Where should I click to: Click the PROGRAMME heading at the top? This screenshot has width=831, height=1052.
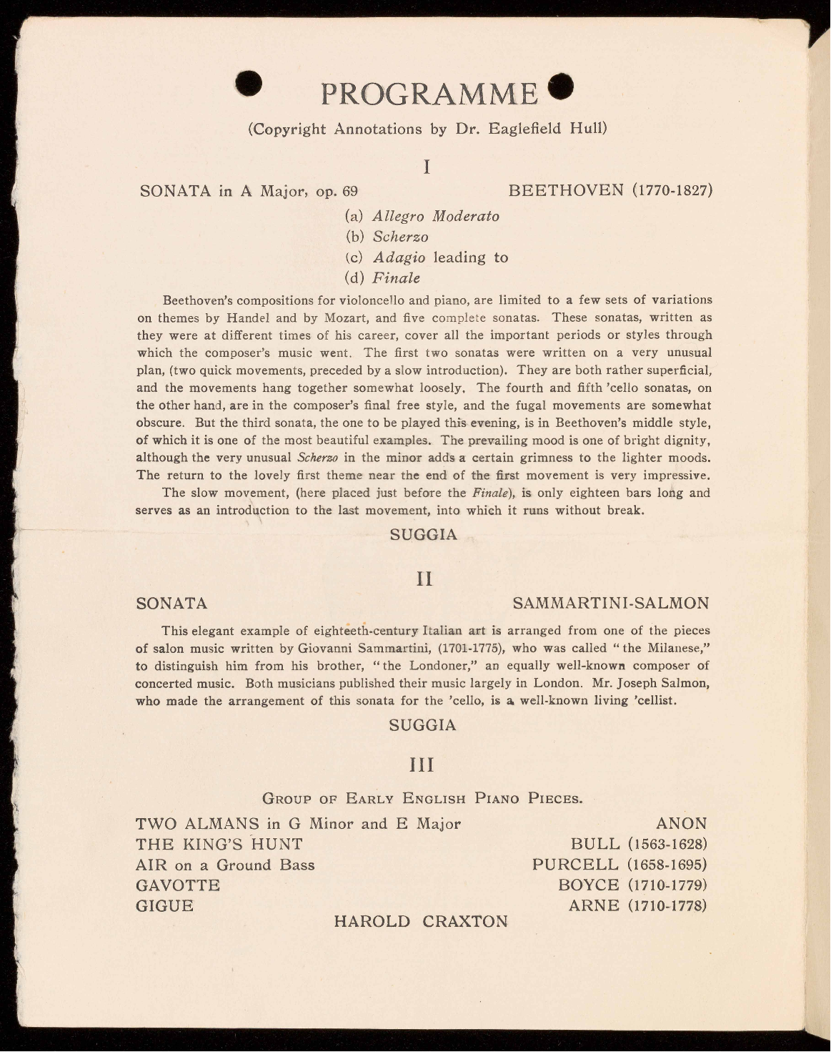tap(428, 94)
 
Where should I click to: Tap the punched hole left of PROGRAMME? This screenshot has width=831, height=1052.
tap(249, 84)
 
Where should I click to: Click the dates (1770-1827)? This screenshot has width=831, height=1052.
tap(672, 191)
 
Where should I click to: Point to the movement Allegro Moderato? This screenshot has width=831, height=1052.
tap(436, 216)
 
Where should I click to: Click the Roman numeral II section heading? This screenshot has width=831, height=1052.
tap(424, 579)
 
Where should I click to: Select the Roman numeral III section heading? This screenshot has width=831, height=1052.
tap(422, 765)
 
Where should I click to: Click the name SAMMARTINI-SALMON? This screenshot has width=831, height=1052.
tap(611, 604)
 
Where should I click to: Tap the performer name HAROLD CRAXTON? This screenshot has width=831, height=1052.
tap(421, 921)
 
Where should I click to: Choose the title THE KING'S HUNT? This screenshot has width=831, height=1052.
tap(219, 845)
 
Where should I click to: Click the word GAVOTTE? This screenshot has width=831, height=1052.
tap(178, 885)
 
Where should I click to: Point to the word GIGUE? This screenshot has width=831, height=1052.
tap(164, 906)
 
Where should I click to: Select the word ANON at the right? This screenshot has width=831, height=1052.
tap(681, 824)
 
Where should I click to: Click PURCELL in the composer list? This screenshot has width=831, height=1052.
tap(575, 865)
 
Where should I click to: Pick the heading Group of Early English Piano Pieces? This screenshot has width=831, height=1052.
tap(422, 798)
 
